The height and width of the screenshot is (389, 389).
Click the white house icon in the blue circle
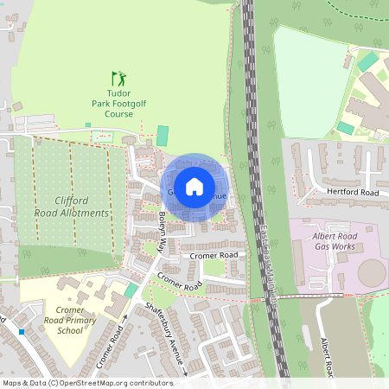(x=194, y=185)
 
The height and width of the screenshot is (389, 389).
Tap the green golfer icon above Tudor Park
(x=118, y=78)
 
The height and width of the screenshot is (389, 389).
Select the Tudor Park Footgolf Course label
(x=118, y=103)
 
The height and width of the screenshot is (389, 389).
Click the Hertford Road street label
(x=353, y=191)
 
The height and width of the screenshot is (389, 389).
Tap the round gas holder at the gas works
(x=372, y=275)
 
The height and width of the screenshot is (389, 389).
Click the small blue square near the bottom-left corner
(x=21, y=332)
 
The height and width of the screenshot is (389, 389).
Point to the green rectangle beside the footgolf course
(x=163, y=136)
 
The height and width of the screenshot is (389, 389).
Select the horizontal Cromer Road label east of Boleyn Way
(x=214, y=256)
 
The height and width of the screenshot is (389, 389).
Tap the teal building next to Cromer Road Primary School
(x=131, y=290)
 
